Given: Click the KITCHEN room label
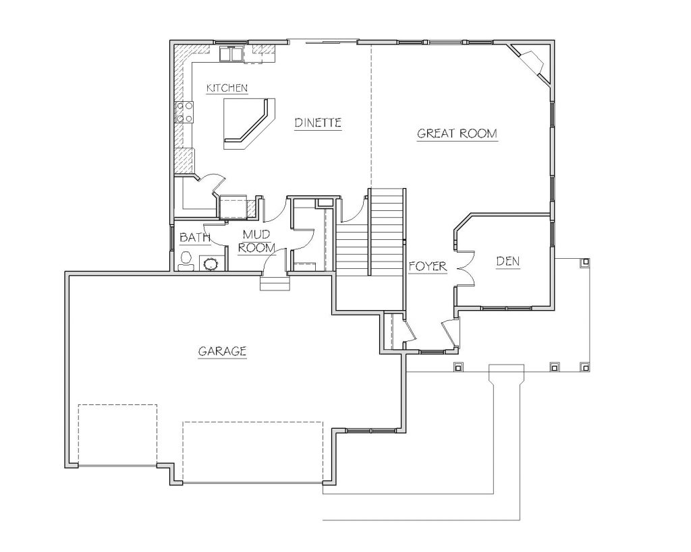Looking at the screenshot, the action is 227,88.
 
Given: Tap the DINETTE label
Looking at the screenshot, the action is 319,123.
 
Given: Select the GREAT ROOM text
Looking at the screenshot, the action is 457,133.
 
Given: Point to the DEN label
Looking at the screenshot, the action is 508,262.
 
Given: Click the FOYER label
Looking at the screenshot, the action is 428,266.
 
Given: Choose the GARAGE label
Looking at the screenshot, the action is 222,351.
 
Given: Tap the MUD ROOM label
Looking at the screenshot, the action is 256,241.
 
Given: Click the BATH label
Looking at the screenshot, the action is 195,238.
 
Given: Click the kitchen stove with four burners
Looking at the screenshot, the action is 184,113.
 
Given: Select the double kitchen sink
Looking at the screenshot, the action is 231,53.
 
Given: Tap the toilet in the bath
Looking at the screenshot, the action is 186,261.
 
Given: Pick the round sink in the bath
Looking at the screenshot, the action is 211,264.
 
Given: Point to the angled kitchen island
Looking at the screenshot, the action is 249,124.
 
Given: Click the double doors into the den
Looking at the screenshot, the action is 464,269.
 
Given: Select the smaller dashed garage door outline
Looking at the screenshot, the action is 117,435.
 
